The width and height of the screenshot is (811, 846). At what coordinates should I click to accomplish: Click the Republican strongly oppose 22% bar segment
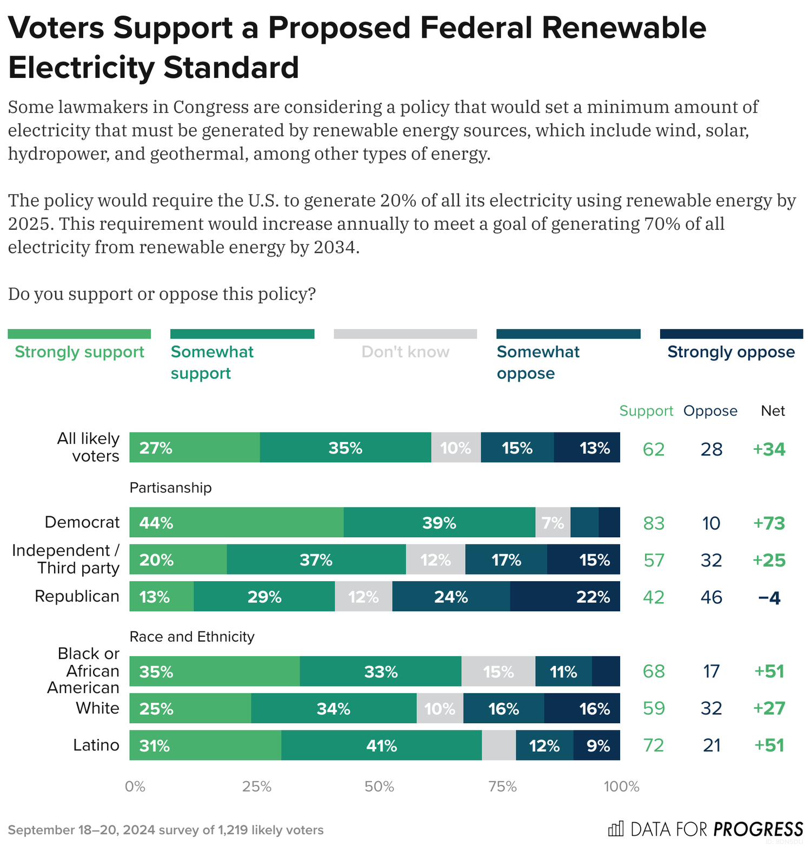click(564, 596)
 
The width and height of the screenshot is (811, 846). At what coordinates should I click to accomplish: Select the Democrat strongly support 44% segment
click(236, 522)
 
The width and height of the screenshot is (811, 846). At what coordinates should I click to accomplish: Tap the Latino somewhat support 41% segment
click(381, 745)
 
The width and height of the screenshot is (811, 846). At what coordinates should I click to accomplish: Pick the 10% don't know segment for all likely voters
click(456, 448)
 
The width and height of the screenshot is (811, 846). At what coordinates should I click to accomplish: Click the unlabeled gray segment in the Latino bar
click(498, 745)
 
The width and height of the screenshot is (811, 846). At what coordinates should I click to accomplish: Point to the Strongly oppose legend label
click(731, 352)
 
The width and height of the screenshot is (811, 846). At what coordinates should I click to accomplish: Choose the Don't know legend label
click(405, 352)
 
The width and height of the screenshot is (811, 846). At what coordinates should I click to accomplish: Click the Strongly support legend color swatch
click(79, 334)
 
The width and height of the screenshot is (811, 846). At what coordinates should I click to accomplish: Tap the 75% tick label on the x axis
click(502, 787)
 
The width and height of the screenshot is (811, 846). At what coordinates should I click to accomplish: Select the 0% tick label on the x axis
click(135, 787)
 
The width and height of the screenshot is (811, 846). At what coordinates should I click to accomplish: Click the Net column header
click(773, 411)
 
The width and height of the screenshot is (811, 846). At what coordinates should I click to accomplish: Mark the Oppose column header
click(710, 411)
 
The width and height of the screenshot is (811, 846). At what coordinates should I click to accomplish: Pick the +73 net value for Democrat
click(769, 523)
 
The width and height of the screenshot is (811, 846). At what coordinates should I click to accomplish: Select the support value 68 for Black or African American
click(653, 671)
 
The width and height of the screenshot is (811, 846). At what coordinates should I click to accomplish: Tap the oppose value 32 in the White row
click(711, 708)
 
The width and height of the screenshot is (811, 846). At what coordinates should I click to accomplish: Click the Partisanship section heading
click(170, 488)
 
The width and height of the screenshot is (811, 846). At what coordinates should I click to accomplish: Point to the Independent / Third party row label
click(66, 559)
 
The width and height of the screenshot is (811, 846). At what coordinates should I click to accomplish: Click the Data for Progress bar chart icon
click(615, 828)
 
